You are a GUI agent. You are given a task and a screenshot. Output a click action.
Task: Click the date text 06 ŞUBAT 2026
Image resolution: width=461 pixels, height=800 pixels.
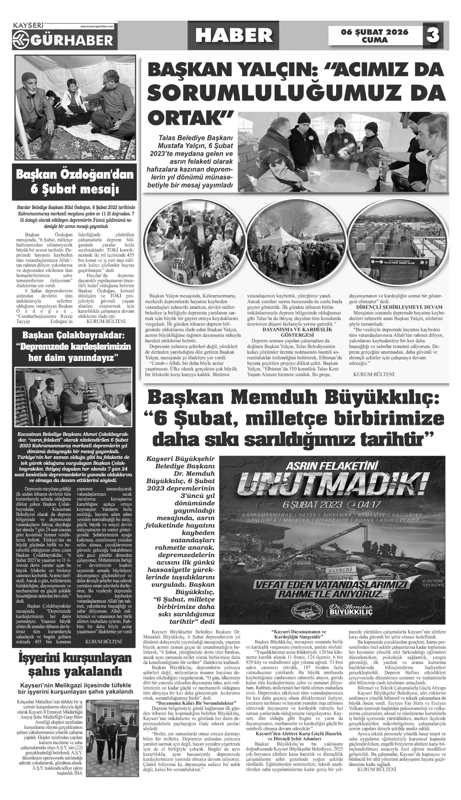[375, 32]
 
